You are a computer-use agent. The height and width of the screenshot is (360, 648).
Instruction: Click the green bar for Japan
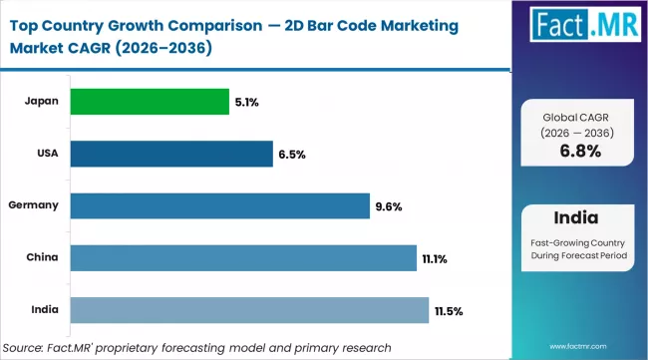(x=150, y=102)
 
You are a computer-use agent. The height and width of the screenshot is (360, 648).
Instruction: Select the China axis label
(x=43, y=257)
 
